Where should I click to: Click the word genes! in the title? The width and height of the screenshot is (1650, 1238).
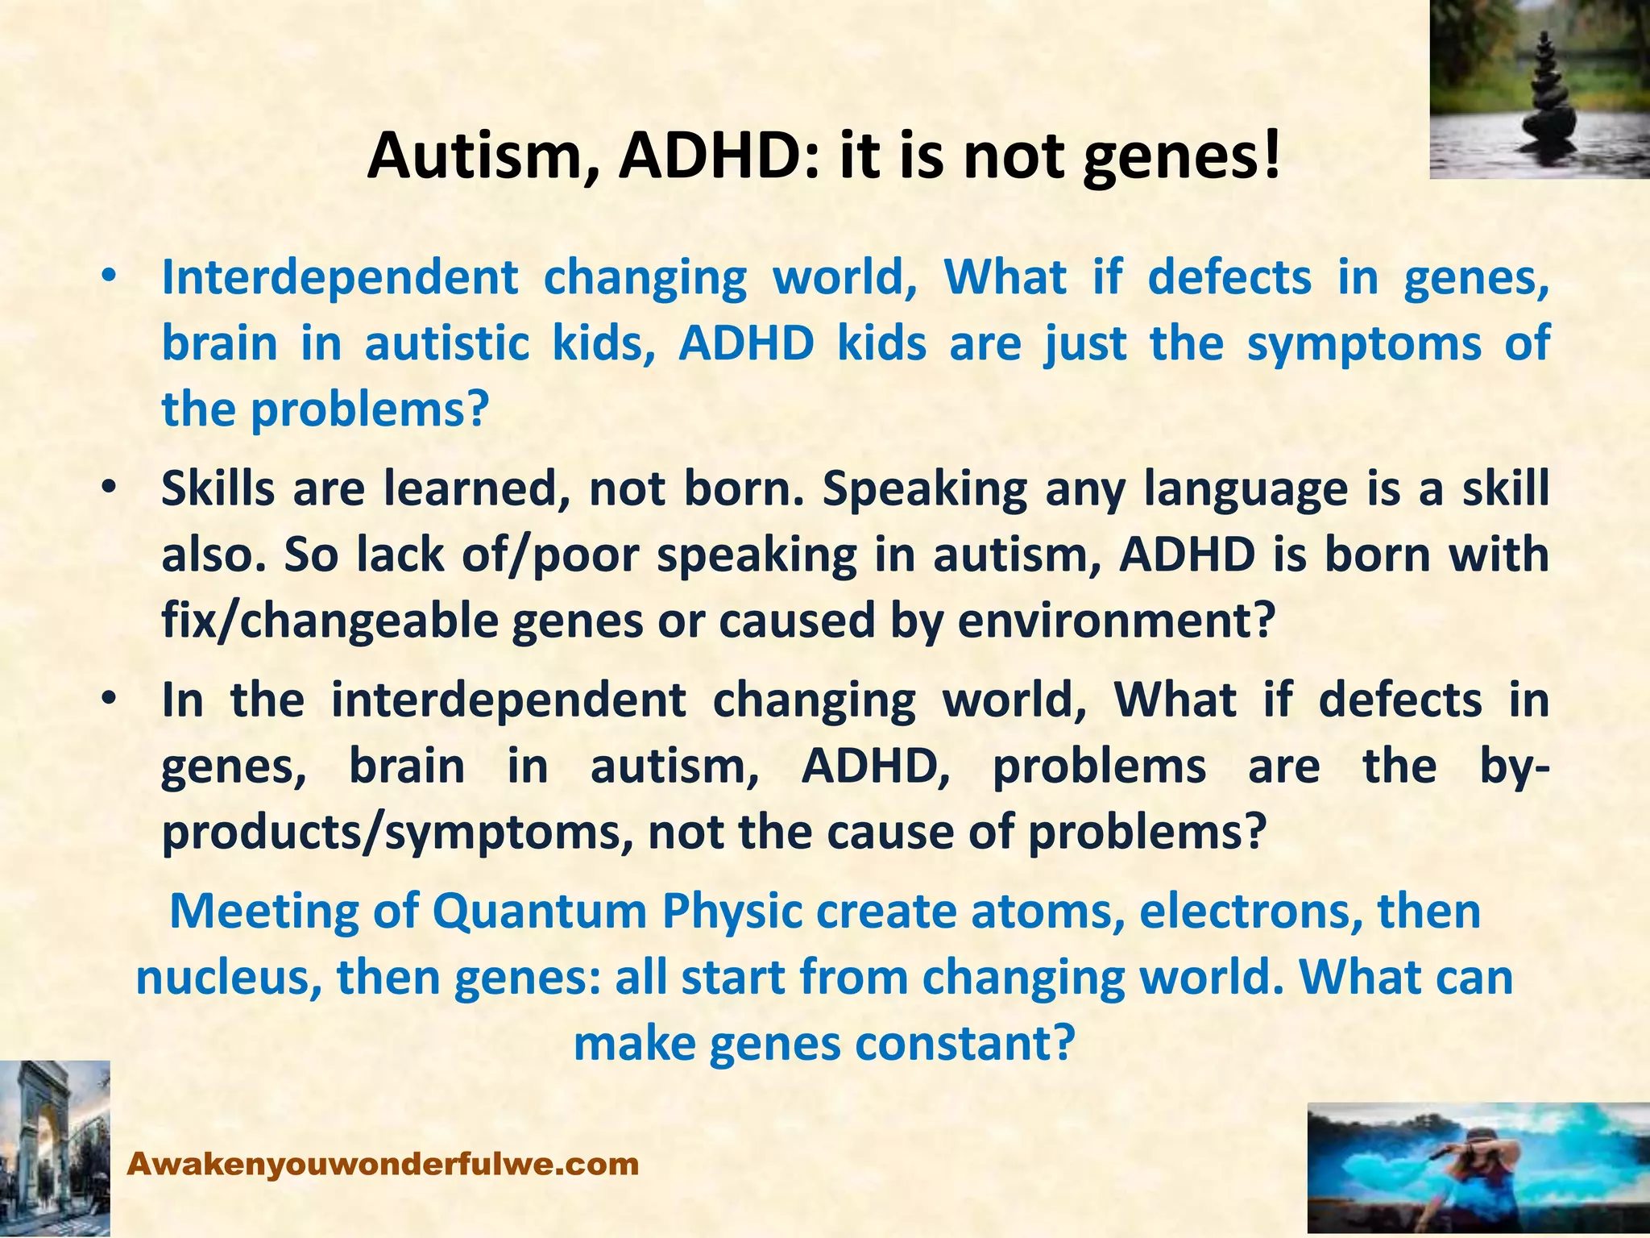(1180, 156)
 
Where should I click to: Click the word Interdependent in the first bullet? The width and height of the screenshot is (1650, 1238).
(339, 278)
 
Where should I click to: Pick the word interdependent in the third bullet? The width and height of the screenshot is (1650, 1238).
(508, 700)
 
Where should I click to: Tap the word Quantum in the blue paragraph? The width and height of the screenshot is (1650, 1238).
(540, 912)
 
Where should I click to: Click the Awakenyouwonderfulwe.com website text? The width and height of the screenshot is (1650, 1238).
(383, 1165)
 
